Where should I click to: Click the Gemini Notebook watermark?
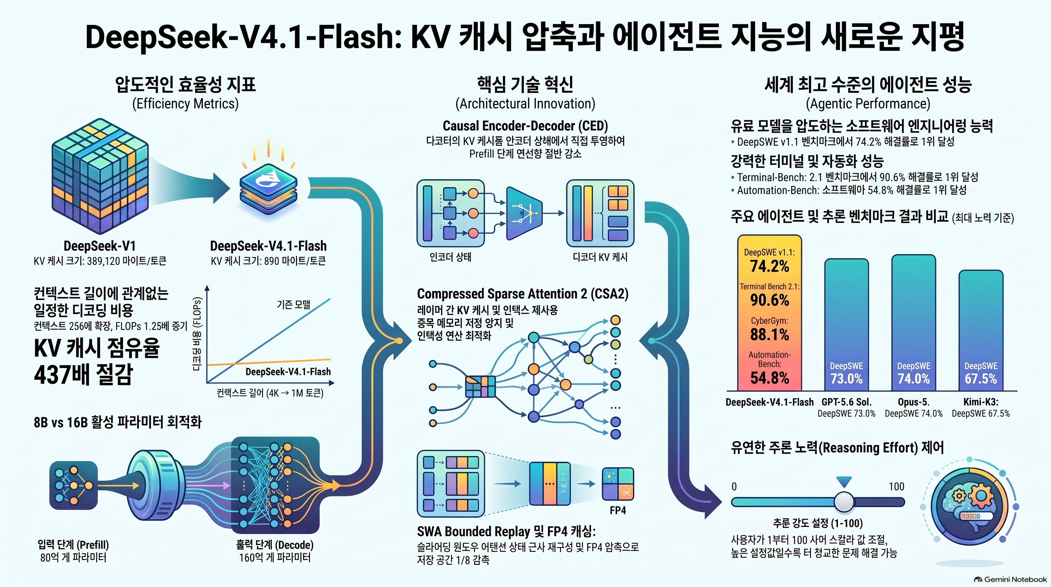click(x=1010, y=579)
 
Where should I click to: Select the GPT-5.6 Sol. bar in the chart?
click(x=847, y=324)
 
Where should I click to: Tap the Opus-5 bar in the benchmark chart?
click(x=914, y=323)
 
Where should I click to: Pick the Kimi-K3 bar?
click(x=981, y=330)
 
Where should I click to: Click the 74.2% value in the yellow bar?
click(x=770, y=266)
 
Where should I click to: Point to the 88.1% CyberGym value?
click(x=770, y=334)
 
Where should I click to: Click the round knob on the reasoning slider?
click(x=844, y=502)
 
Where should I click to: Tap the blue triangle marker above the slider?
click(x=844, y=482)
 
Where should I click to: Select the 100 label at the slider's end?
click(x=896, y=486)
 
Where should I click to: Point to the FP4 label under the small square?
click(x=618, y=510)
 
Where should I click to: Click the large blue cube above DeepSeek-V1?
click(x=100, y=176)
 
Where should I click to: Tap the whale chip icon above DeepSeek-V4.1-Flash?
click(x=268, y=188)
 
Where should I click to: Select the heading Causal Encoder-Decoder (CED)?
click(x=525, y=126)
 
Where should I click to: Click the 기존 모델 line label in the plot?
click(x=293, y=305)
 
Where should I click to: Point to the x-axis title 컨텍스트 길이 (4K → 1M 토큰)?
click(x=270, y=393)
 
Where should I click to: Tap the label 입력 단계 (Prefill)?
click(x=73, y=545)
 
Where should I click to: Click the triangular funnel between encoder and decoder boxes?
click(x=524, y=214)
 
